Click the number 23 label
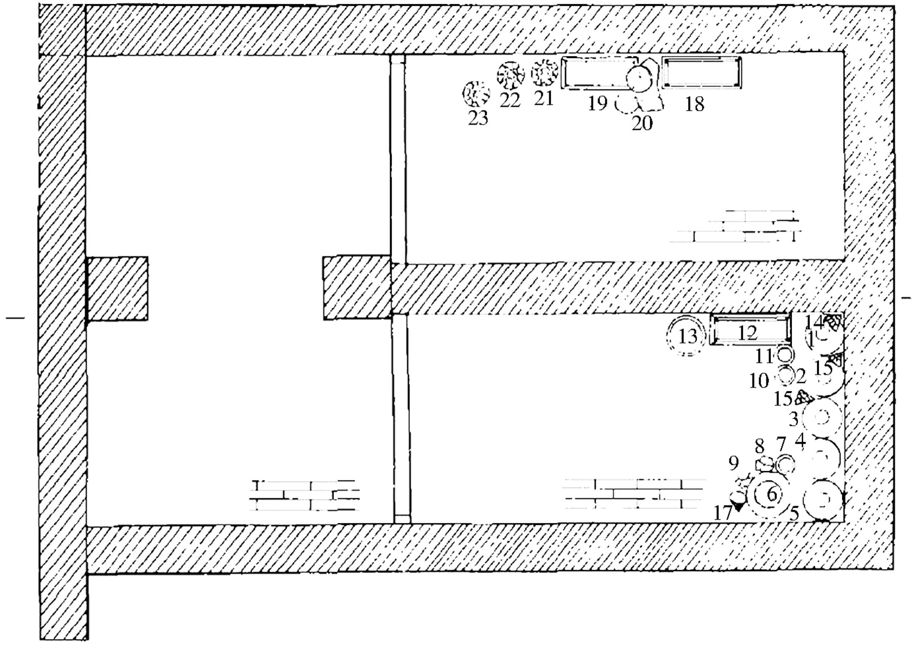(x=478, y=119)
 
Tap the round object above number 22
(x=510, y=76)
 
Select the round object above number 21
(x=544, y=73)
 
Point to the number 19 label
(x=597, y=104)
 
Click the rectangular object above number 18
(x=702, y=73)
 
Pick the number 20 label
(x=642, y=123)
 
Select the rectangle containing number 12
(x=750, y=329)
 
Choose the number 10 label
(x=759, y=381)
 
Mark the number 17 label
(x=723, y=512)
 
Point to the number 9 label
(x=734, y=464)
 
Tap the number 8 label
(x=760, y=446)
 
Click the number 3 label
(x=794, y=418)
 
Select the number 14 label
(x=814, y=322)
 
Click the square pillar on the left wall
(x=117, y=289)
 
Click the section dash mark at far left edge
(x=15, y=319)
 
